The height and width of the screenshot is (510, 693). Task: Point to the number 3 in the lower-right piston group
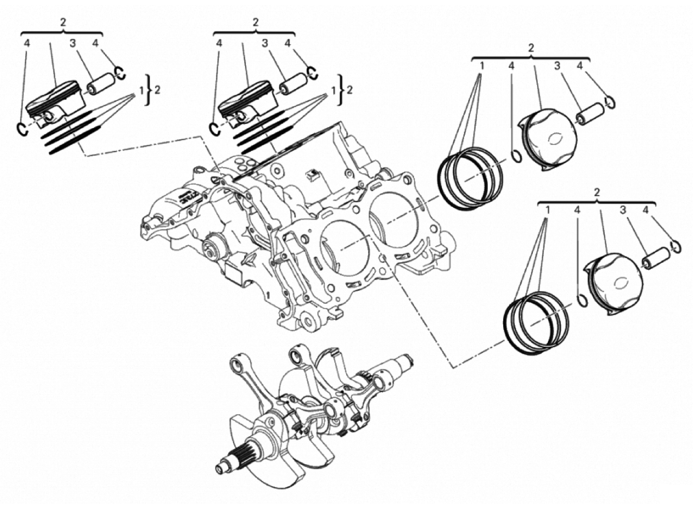tap(623, 210)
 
